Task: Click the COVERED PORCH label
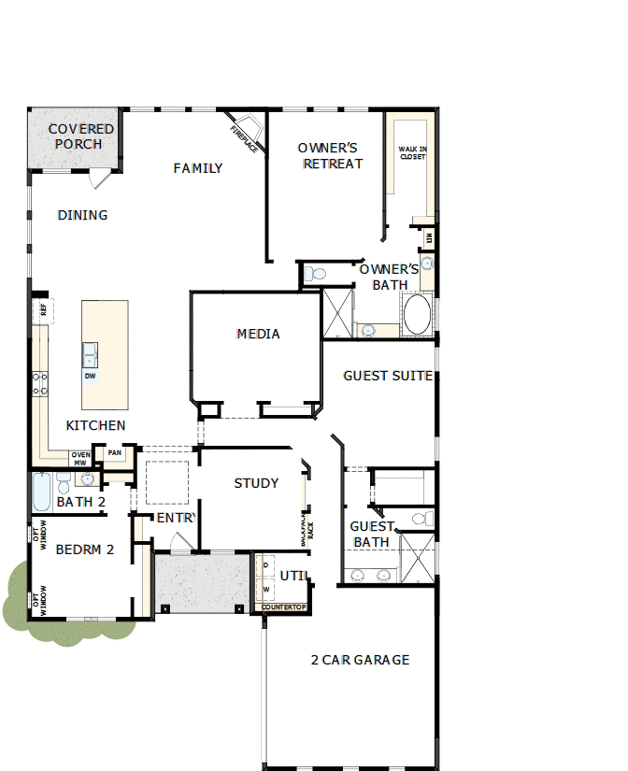[x=81, y=136]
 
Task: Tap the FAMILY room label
[x=198, y=168]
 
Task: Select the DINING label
[x=82, y=215]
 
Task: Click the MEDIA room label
[x=258, y=334]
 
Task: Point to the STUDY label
[x=256, y=483]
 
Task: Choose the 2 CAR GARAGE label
[x=360, y=660]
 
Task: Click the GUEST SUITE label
[x=387, y=376]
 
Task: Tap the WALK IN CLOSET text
[x=412, y=152]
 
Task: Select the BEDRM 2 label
[x=84, y=550]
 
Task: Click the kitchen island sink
[x=90, y=354]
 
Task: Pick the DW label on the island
[x=90, y=377]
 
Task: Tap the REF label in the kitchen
[x=42, y=308]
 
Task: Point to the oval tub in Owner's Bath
[x=417, y=314]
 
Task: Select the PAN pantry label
[x=114, y=453]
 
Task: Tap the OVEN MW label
[x=81, y=458]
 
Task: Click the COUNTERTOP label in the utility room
[x=283, y=608]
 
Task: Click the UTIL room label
[x=293, y=576]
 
